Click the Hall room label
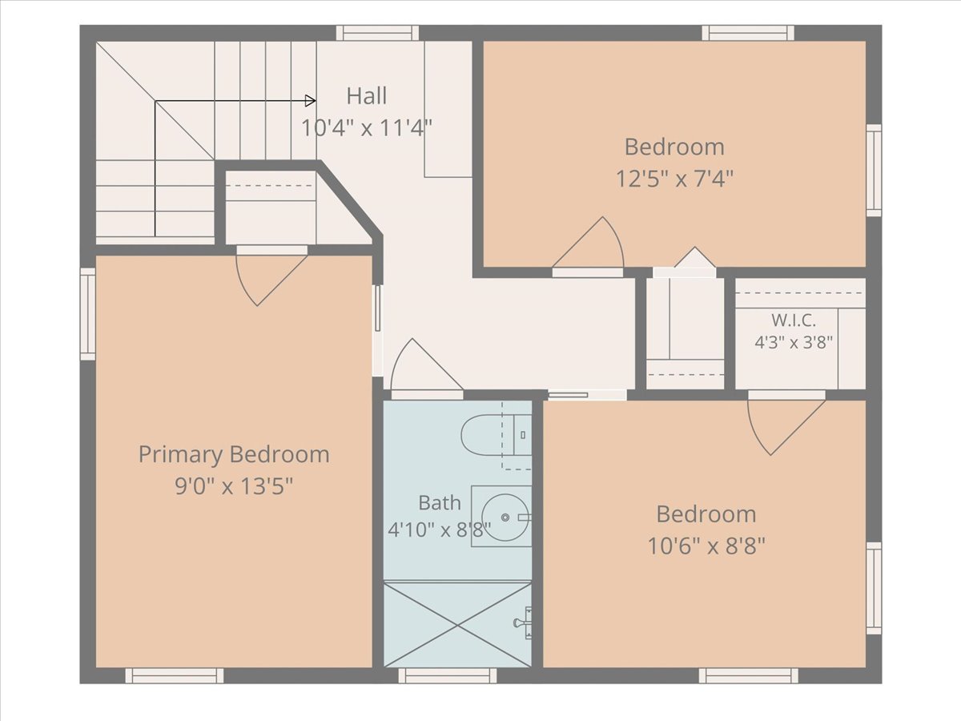tap(367, 96)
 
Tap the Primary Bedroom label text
tap(234, 454)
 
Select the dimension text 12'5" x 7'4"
tap(674, 179)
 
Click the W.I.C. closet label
tap(794, 320)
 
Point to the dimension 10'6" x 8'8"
tap(706, 546)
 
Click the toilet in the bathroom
tap(496, 435)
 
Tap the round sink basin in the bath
tap(505, 518)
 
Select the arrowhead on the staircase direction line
tap(311, 101)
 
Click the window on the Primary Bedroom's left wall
tap(87, 314)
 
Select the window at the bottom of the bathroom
tap(448, 675)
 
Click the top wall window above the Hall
tap(377, 33)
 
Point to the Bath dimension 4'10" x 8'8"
tap(440, 530)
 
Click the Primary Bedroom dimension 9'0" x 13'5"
tap(234, 486)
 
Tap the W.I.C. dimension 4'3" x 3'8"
tap(794, 342)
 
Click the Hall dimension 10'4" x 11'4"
tap(367, 128)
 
